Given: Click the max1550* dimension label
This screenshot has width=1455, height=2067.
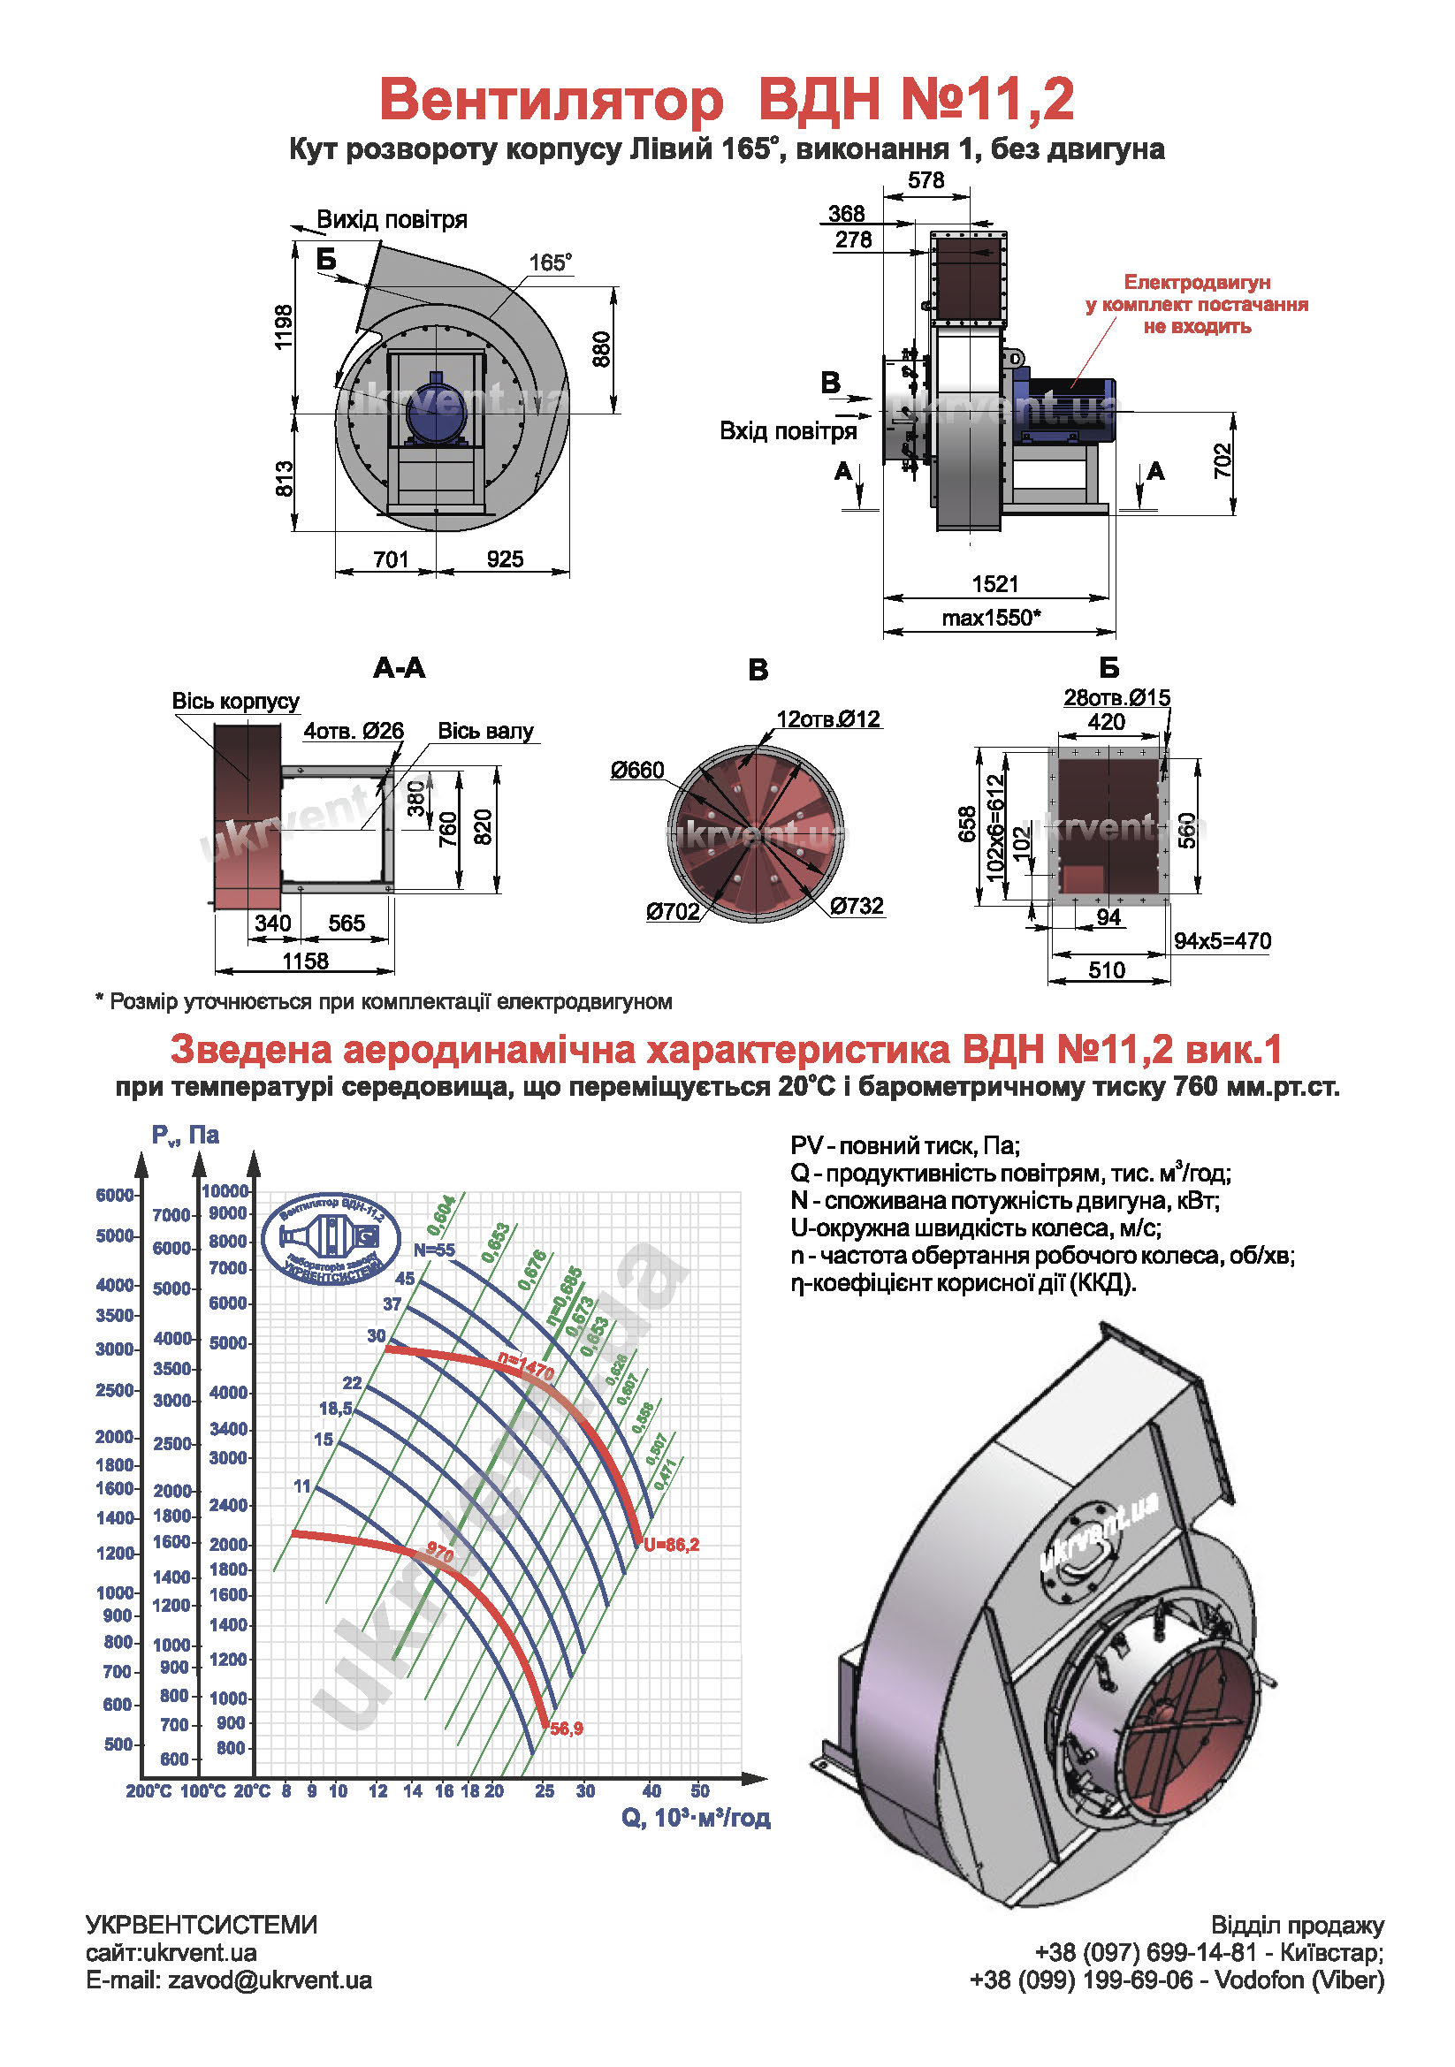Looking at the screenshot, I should click(990, 618).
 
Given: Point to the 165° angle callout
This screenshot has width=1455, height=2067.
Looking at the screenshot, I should click(549, 262).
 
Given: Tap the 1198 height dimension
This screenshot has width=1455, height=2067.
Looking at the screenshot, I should click(285, 328).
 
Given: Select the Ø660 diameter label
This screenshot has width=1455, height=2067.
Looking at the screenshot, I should click(636, 770).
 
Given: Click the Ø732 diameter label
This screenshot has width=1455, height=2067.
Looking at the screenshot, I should click(857, 906).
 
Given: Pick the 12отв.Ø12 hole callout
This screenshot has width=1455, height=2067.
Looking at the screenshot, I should click(827, 719).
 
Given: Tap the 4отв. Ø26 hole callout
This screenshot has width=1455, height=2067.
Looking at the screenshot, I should click(353, 731).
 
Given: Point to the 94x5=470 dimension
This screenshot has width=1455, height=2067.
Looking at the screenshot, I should click(1222, 941).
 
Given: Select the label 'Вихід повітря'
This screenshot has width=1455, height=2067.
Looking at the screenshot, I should click(392, 220).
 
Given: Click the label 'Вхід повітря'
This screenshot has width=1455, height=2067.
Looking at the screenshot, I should click(788, 431).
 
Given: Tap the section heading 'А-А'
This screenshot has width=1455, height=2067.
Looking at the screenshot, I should click(399, 668).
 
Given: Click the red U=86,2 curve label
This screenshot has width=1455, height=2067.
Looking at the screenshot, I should click(671, 1545).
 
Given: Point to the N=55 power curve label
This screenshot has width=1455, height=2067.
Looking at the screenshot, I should click(434, 1250).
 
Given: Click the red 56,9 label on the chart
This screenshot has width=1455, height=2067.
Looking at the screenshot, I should click(567, 1729).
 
